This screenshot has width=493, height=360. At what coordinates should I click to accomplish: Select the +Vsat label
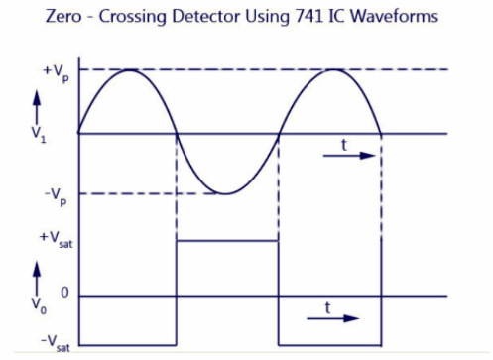point(55,241)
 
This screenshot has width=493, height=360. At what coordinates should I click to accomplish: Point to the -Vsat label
point(55,341)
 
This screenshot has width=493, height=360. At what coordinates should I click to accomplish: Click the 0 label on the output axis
point(63,295)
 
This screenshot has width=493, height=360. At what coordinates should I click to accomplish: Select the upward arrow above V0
point(38,268)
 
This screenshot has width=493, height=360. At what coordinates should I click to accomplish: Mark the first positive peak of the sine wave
point(128,70)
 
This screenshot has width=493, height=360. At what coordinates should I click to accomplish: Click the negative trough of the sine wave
point(227,193)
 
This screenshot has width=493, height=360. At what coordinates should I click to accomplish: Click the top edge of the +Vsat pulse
point(227,240)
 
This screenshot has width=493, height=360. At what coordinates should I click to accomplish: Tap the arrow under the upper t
point(351,156)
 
